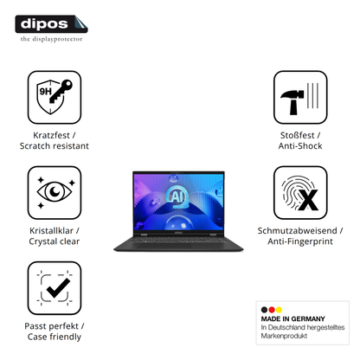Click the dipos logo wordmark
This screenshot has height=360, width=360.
[44, 23]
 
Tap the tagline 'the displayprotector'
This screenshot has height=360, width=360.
[51, 39]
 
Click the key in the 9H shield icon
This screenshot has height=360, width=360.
[61, 91]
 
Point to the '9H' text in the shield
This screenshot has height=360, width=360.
[45, 92]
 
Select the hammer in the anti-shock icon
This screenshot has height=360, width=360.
[292, 102]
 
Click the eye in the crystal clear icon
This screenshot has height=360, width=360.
[55, 191]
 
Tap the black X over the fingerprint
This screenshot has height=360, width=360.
[308, 200]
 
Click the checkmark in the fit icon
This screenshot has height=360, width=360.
[58, 288]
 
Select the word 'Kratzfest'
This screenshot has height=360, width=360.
[51, 135]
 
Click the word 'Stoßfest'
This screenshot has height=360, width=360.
[297, 135]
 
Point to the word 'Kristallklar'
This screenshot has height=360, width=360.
[51, 230]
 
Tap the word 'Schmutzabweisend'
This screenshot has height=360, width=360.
[297, 230]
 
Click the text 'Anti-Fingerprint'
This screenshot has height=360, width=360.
[300, 241]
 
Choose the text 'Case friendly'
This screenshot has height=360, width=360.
[55, 337]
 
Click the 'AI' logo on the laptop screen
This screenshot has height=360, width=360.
[176, 196]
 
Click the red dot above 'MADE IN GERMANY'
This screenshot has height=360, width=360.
[272, 310]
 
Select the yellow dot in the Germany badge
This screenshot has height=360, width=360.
[279, 310]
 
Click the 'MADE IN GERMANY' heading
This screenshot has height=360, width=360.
[292, 318]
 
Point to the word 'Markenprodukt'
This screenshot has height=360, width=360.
[284, 336]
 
